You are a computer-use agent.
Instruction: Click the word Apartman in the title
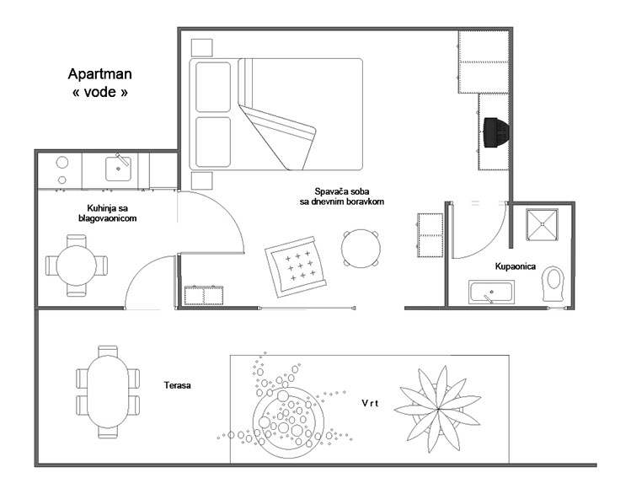99,74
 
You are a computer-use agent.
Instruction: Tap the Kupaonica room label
515,266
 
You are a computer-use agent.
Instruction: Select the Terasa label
178,385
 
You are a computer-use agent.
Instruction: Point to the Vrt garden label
370,403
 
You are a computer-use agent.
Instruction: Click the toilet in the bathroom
553,283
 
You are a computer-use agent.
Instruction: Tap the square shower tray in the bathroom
542,224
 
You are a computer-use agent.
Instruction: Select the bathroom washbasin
491,293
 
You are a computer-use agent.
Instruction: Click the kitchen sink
118,169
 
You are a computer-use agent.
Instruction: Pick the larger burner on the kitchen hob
62,163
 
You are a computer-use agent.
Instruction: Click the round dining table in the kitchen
77,266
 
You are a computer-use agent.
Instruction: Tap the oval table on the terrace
108,391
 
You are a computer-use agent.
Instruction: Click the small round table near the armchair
361,249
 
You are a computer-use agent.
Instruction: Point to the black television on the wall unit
496,132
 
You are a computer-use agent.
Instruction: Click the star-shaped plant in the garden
437,409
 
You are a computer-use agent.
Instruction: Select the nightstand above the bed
201,47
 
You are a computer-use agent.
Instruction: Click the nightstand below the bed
201,180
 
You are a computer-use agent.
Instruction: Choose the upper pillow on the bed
213,87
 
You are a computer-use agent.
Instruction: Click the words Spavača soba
342,191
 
